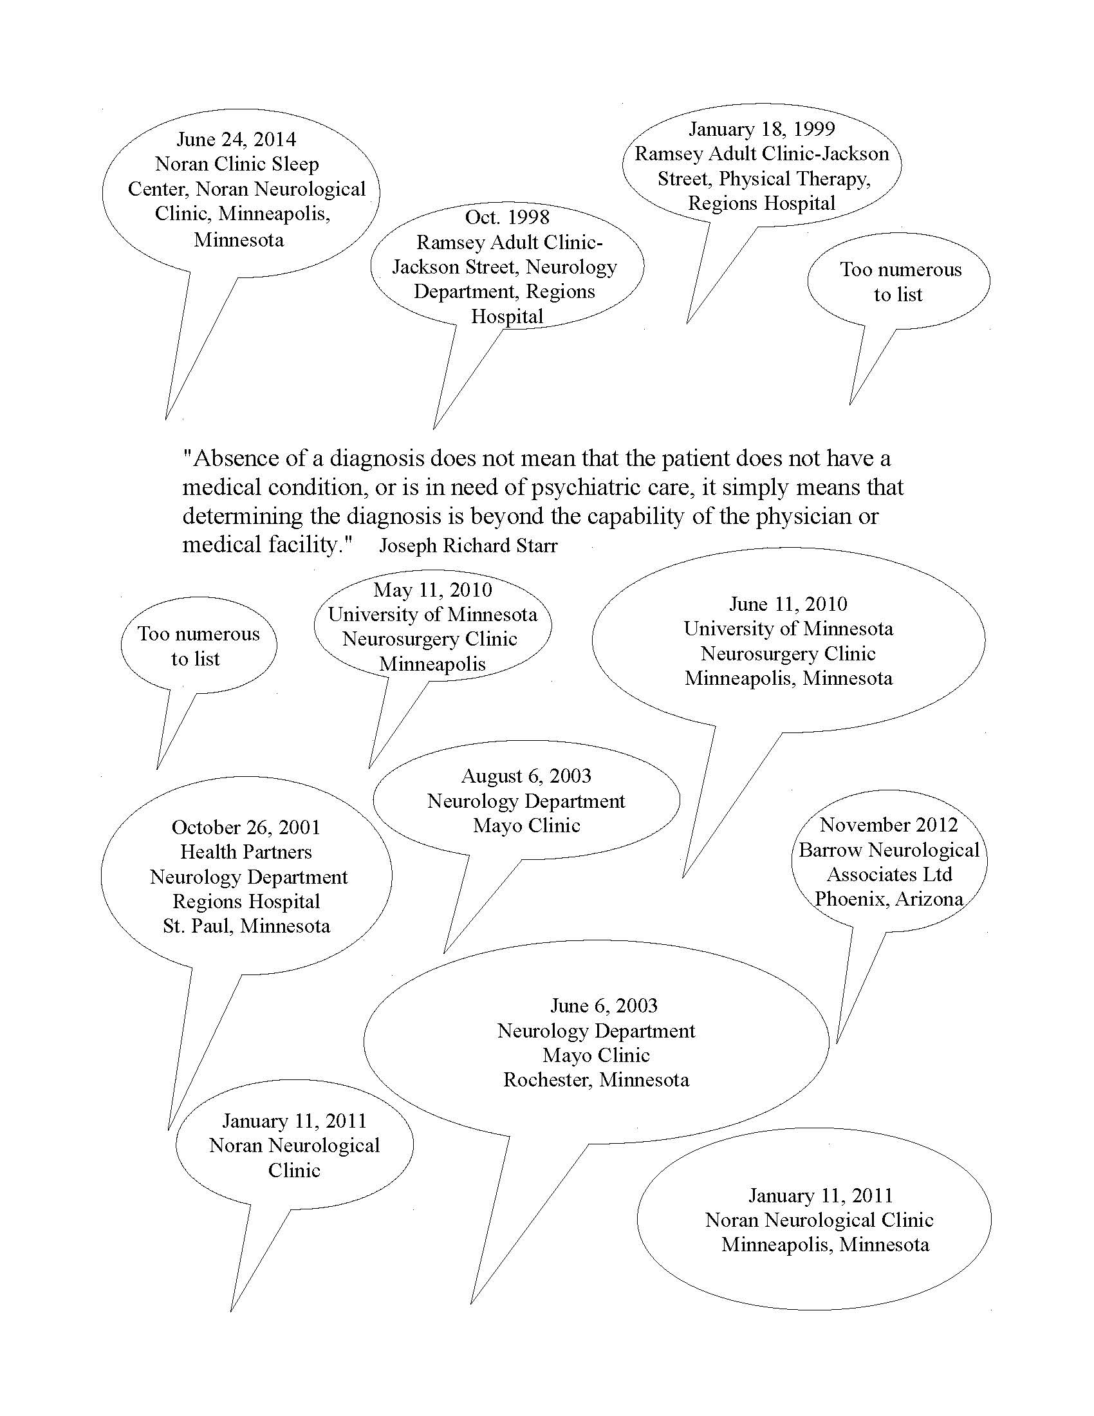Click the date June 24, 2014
tap(237, 140)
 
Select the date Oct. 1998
tap(507, 217)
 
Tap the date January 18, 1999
tap(761, 129)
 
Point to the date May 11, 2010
tap(432, 590)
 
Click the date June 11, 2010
tap(788, 604)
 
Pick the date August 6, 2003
tap(526, 776)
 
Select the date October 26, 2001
tap(246, 827)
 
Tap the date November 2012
tap(889, 824)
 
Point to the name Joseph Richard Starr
tap(468, 546)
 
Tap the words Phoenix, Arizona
tap(889, 899)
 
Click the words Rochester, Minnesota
tap(597, 1079)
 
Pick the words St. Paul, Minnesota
tap(246, 926)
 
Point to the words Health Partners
tap(246, 852)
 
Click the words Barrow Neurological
tap(889, 850)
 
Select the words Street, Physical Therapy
tap(763, 179)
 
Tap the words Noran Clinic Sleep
tap(237, 164)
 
